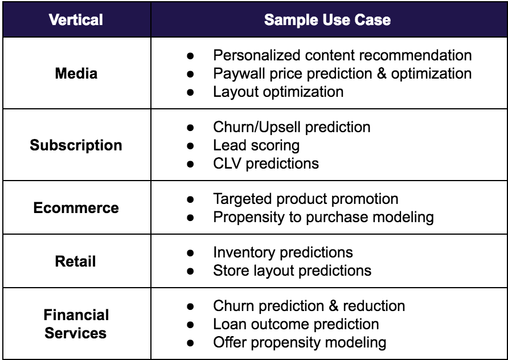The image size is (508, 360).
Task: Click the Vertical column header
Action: (x=76, y=20)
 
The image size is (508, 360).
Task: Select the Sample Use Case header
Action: (x=327, y=20)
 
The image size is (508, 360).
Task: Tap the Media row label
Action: (x=76, y=73)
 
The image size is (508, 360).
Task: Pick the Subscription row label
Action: (x=76, y=145)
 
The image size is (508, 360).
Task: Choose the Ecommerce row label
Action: (x=76, y=208)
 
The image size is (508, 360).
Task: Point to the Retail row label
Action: (x=76, y=261)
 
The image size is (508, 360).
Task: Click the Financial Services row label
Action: (x=76, y=324)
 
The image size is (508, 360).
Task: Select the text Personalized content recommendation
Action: (x=342, y=55)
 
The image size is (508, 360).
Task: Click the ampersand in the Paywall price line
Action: (x=382, y=73)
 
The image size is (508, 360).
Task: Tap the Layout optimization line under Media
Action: (x=278, y=92)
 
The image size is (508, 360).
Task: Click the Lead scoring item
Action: (x=256, y=145)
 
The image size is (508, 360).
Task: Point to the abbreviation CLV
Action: (x=227, y=163)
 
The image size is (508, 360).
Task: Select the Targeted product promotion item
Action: (x=306, y=199)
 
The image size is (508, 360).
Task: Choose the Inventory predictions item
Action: (x=283, y=252)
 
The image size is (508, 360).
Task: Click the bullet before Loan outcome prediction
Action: (x=190, y=324)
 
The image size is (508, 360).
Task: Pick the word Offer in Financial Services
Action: (x=230, y=342)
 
